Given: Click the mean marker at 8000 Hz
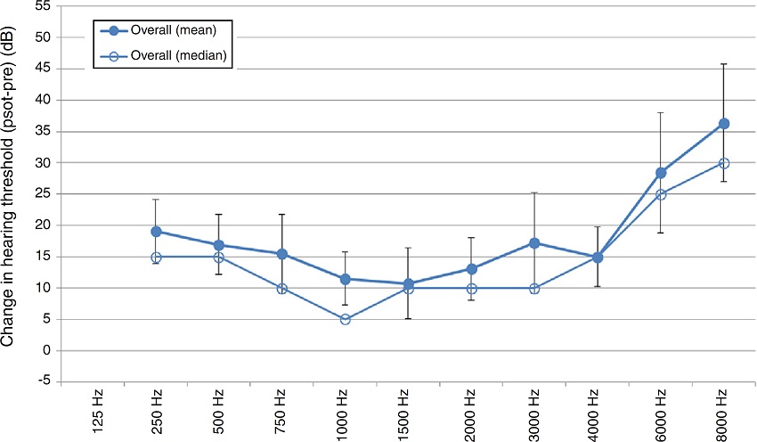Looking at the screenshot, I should coord(724,124).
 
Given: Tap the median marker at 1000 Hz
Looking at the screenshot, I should coord(345,319).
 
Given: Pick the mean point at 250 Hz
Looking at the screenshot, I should coord(156,232).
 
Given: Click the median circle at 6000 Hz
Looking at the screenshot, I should coord(661,194).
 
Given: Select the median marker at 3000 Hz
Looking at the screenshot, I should coord(534,289).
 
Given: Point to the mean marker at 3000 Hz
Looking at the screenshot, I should coord(534,243).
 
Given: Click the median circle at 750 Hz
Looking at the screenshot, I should coord(281,289).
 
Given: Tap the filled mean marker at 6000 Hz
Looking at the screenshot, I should coord(661,173).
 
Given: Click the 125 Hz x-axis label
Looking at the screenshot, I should coord(94,412).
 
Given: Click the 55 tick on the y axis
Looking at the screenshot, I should coord(42,6).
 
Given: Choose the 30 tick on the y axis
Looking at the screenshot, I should coord(42,162).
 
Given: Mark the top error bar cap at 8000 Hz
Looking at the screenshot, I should coord(724,64).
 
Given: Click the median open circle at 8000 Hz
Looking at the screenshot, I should coord(724,163).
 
